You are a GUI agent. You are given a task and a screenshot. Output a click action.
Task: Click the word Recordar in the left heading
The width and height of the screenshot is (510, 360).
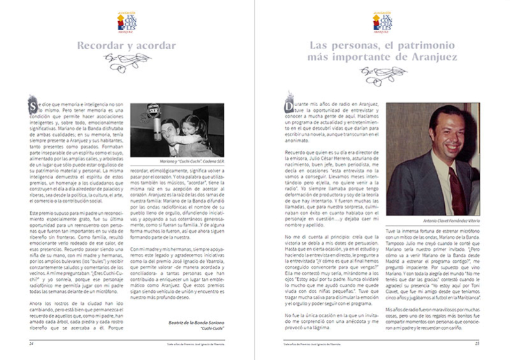point(98,46)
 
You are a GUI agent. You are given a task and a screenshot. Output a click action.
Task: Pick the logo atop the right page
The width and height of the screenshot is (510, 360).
point(382,21)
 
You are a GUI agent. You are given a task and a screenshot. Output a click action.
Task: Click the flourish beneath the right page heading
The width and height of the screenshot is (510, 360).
point(382,75)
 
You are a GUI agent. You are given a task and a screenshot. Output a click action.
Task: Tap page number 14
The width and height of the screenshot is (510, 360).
point(31,343)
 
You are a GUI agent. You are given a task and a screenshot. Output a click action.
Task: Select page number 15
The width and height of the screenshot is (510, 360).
point(477,343)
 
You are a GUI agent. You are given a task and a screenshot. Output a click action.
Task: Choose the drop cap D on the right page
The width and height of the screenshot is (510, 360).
point(289,106)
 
